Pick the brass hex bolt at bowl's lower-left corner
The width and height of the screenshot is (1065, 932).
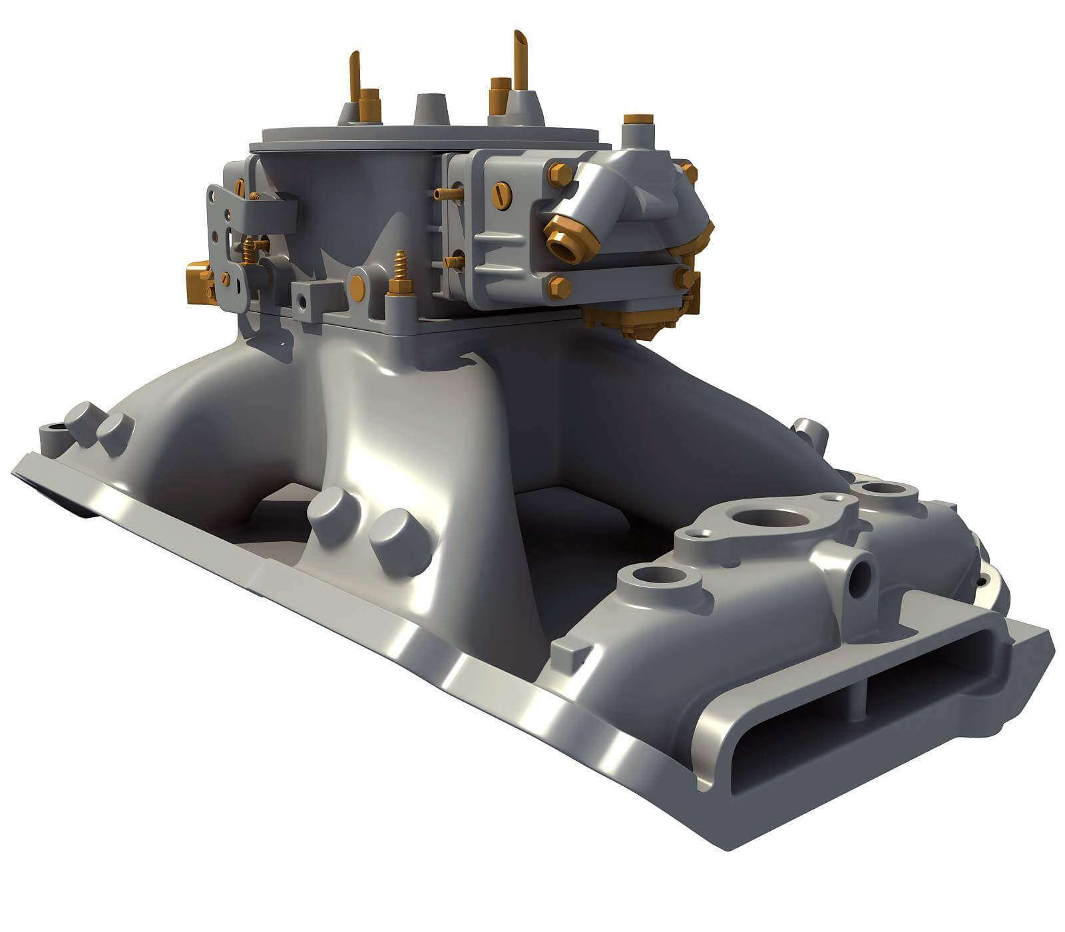[558, 287]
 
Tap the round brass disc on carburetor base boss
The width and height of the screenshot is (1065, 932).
[357, 286]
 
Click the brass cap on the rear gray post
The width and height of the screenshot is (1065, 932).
[638, 120]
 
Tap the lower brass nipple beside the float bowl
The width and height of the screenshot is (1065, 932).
[453, 262]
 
